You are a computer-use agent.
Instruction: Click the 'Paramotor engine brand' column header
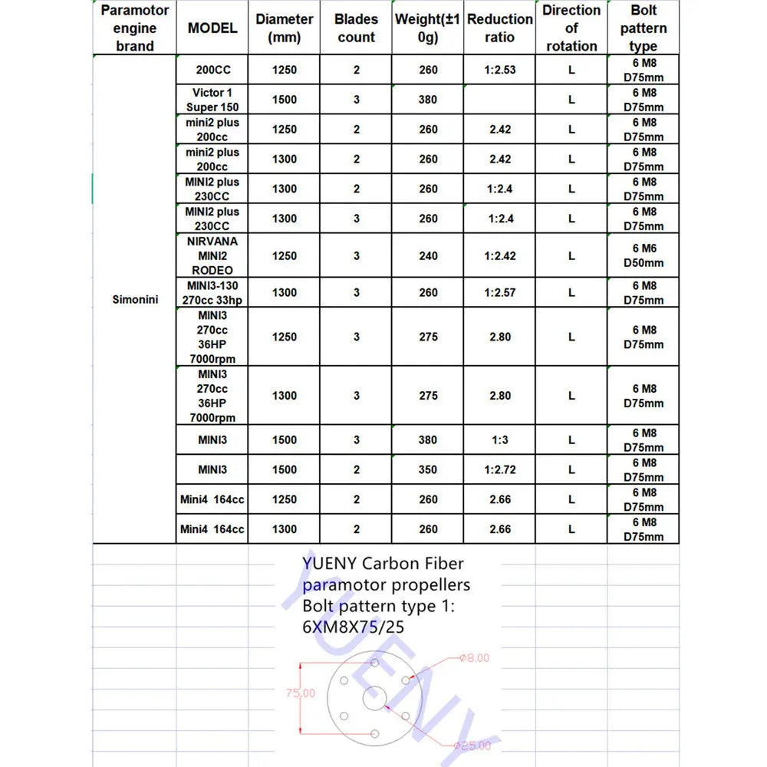point(135,28)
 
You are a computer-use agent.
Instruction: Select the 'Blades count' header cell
point(356,28)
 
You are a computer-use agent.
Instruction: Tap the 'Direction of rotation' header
point(571,28)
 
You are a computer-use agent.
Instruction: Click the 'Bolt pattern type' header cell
point(644,28)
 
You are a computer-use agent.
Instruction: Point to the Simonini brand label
point(135,299)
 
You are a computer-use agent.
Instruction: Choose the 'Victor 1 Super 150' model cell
point(212,100)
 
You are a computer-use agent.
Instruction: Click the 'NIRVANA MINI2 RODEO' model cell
point(212,255)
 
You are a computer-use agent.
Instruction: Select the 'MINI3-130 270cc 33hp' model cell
point(212,292)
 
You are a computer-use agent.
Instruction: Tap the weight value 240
point(428,255)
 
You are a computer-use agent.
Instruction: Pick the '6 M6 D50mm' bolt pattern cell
point(644,255)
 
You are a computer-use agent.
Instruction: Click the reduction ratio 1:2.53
point(500,70)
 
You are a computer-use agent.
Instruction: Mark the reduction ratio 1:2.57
point(500,292)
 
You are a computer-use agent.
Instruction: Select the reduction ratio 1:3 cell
point(500,440)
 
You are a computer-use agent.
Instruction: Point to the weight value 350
point(428,469)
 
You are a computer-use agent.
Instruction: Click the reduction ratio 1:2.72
point(500,469)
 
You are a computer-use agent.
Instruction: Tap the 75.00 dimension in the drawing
point(301,693)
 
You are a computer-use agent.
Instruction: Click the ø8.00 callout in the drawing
point(474,657)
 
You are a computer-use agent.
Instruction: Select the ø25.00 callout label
point(471,744)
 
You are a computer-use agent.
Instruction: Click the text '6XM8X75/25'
point(354,627)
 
